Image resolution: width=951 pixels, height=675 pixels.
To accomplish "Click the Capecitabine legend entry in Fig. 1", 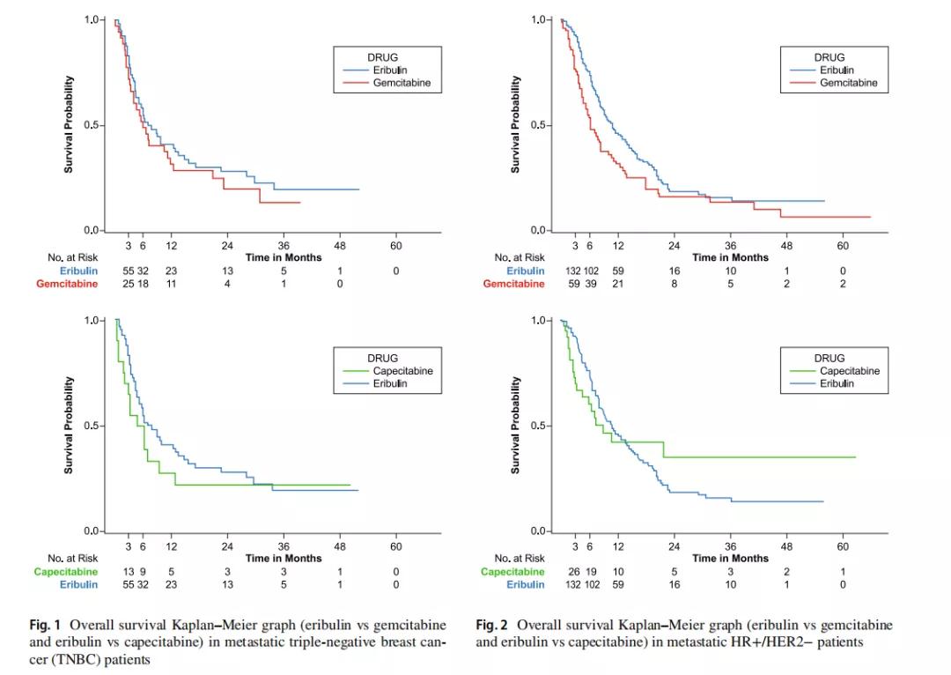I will click(408, 371).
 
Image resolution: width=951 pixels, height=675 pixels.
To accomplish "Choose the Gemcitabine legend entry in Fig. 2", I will click(848, 83).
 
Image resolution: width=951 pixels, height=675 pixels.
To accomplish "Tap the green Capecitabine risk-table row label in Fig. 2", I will click(512, 571).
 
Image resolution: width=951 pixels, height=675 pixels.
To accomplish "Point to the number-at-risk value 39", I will click(590, 284).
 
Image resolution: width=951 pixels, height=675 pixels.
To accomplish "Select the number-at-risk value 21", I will click(618, 284).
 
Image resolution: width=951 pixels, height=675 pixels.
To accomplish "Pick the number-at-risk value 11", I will click(172, 284).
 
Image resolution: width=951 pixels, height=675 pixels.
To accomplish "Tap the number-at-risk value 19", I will click(590, 571).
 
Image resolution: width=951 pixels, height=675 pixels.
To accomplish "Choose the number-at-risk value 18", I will click(143, 284).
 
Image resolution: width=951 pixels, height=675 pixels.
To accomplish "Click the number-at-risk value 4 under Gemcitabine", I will click(227, 284).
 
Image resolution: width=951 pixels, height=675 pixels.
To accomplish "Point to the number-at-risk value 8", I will click(675, 284).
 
